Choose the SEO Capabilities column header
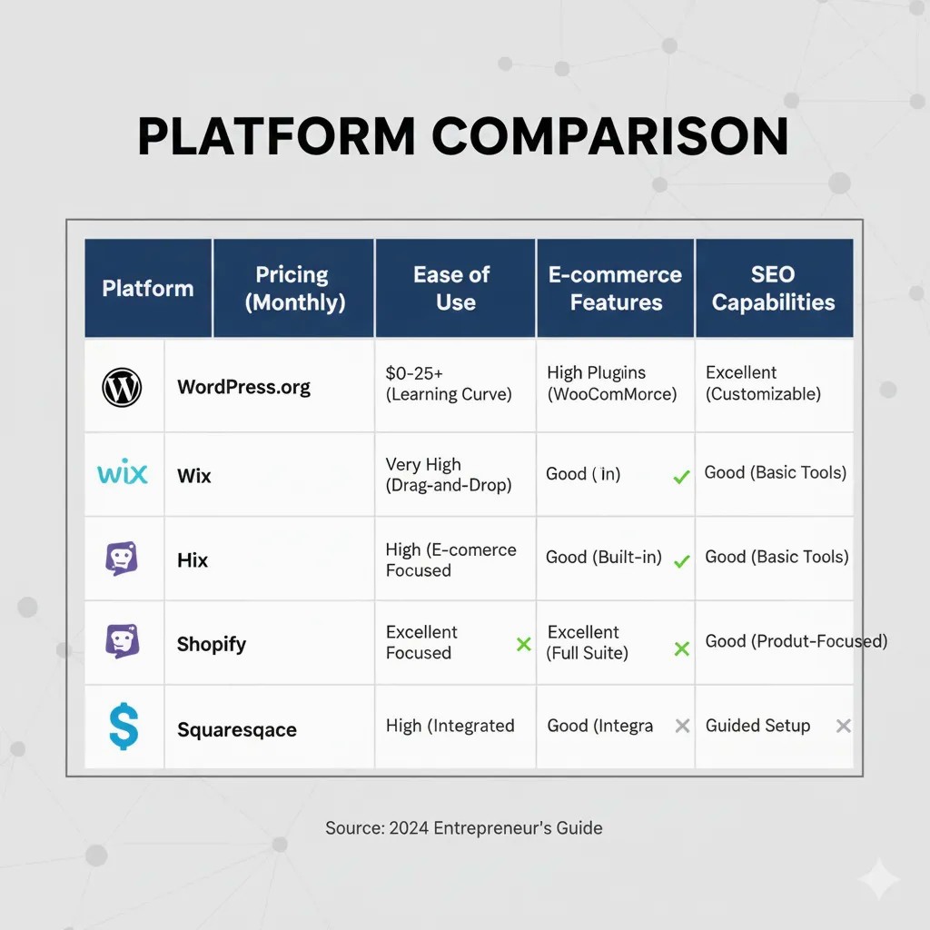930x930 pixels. (773, 289)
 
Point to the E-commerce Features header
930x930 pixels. (615, 289)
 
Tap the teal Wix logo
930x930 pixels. (122, 473)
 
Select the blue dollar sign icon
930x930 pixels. (123, 727)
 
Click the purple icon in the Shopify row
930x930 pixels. (123, 641)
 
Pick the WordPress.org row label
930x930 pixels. (243, 387)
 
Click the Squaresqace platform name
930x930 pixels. (236, 730)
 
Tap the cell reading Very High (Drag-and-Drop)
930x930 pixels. (449, 475)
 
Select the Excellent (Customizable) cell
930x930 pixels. (763, 383)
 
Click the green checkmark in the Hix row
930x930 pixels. (681, 561)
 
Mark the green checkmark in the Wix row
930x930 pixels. (681, 476)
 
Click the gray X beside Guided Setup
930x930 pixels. (843, 726)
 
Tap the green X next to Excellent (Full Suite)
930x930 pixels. (681, 648)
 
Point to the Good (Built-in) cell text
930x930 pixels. (603, 558)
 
